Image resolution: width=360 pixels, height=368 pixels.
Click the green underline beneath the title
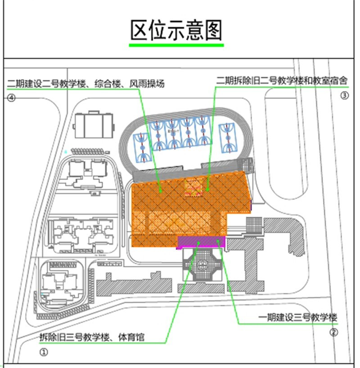[176, 46]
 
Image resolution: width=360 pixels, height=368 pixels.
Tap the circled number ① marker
[44, 353]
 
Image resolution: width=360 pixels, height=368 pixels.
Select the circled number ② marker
[334, 332]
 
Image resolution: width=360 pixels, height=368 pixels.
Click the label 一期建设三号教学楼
[299, 318]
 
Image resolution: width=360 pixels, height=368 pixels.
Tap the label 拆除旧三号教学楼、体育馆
[92, 338]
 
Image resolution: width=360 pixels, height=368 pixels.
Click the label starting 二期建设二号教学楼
[86, 83]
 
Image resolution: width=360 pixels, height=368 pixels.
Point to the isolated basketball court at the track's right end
[226, 138]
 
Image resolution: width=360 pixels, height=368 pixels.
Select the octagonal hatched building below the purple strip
[202, 266]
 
